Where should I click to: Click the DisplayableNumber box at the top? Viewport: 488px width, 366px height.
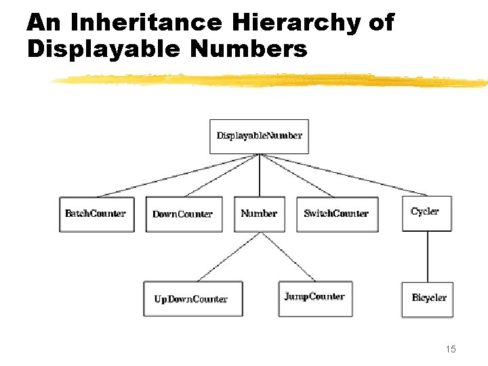tap(259, 136)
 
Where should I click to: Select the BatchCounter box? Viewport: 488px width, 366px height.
tap(96, 214)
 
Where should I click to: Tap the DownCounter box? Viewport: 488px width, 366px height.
tap(183, 214)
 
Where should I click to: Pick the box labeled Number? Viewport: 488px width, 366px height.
tap(259, 213)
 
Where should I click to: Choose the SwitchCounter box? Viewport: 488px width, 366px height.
tap(336, 214)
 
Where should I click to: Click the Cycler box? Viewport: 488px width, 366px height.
tap(426, 213)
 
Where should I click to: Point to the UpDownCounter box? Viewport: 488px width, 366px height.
tap(192, 299)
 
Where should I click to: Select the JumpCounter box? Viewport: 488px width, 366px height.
tap(315, 298)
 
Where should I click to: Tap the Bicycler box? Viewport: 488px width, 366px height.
tap(427, 299)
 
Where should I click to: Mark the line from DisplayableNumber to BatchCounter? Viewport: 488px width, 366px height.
tap(176, 176)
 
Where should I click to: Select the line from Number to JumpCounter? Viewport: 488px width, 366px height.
tap(288, 256)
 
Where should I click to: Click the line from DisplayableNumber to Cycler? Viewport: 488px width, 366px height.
tap(346, 176)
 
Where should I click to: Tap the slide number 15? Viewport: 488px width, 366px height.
tap(451, 349)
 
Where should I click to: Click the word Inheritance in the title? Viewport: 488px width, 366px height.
tap(145, 23)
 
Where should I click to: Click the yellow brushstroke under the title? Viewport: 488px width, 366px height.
tap(271, 81)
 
